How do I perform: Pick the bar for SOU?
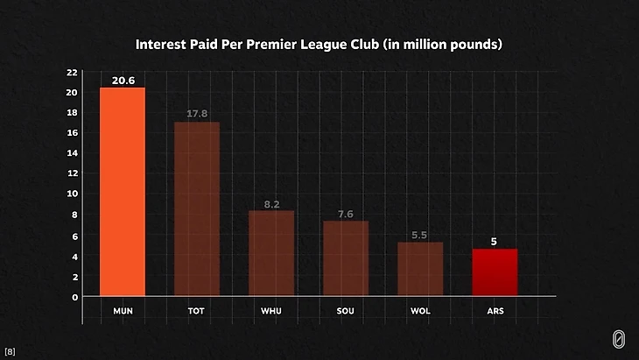346,258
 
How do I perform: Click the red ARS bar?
495,272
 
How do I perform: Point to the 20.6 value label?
123,81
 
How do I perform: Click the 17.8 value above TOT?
197,114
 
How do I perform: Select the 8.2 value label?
271,204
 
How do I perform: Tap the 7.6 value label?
346,215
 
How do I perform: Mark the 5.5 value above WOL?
420,236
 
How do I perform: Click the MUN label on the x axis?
123,311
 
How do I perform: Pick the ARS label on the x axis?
495,311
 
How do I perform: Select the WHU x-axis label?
271,311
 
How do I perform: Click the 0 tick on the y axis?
74,297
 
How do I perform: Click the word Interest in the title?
162,43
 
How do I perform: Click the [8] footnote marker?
10,351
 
